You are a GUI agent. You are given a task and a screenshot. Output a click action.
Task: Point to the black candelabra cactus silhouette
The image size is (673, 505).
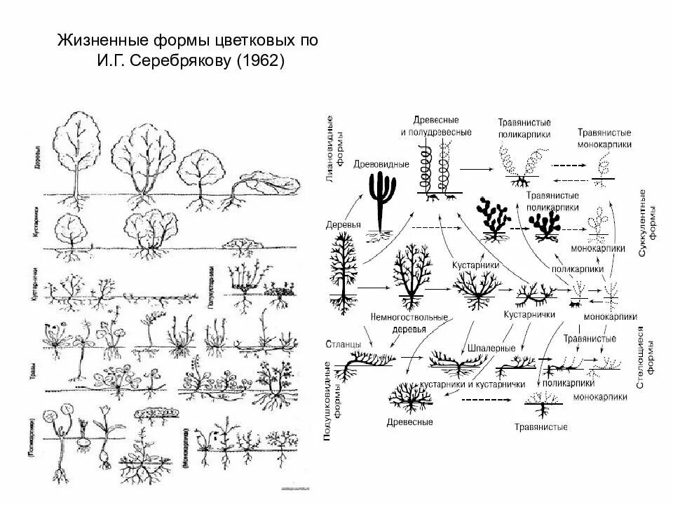pos(381,201)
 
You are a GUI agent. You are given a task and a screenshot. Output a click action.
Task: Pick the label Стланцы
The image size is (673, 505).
pos(344,344)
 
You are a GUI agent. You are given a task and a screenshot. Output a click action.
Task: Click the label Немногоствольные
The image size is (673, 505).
pos(409,317)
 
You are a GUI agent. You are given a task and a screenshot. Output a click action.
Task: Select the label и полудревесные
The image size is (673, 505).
pos(436,131)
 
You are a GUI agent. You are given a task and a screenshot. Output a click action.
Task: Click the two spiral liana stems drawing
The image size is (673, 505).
pos(435,169)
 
